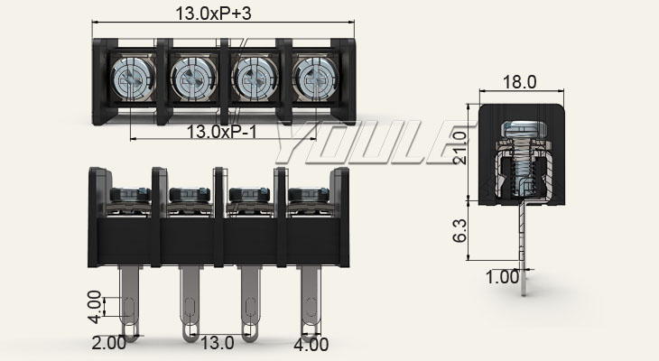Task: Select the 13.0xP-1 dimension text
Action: [220, 132]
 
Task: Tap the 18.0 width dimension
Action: [519, 82]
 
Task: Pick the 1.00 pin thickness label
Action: [502, 277]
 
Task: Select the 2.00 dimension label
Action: [107, 343]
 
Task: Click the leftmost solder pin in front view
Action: [131, 302]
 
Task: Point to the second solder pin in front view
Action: [190, 302]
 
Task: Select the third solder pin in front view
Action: [250, 302]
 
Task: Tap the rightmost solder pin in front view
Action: [310, 302]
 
